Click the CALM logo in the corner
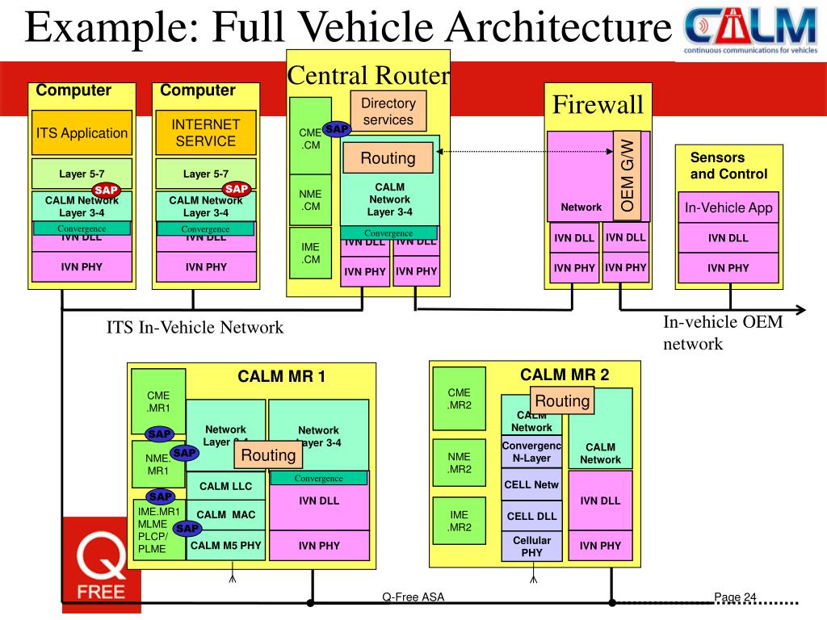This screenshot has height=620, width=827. pos(750,30)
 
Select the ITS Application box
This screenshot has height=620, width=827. pos(81,132)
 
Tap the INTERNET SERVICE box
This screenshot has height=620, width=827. pos(206,132)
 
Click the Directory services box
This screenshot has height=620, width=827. pos(388,111)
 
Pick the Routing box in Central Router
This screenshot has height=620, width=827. pos(388,158)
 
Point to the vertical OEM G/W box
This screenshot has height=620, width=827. pos(628,174)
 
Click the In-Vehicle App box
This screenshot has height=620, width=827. pos(728,207)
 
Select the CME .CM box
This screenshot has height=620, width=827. pos(311,137)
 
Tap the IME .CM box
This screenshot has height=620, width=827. pos(311,253)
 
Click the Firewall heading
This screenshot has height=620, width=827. pos(598,104)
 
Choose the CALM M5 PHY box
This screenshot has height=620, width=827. pos(226,546)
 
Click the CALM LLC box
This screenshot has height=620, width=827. pos(226,486)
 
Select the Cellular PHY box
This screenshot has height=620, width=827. pos(531,546)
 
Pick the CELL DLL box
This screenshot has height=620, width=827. pos(531,516)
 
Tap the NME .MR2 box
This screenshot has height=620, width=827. pos(459,463)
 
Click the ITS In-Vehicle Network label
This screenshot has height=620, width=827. pos(195,327)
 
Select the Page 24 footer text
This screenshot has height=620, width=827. pos(735,597)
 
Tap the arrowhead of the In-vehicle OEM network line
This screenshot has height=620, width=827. pos(800,310)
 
